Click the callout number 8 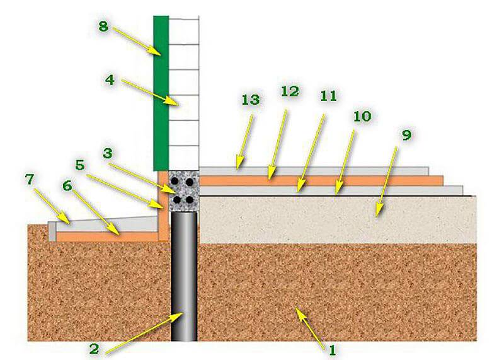pyautogui.click(x=103, y=26)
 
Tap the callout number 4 pyautogui.click(x=110, y=80)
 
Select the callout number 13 pyautogui.click(x=251, y=100)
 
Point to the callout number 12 pyautogui.click(x=290, y=91)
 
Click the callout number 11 pyautogui.click(x=328, y=96)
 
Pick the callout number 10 pyautogui.click(x=362, y=116)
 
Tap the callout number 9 pyautogui.click(x=406, y=135)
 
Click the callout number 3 pyautogui.click(x=107, y=153)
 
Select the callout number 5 pyautogui.click(x=80, y=165)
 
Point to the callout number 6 pyautogui.click(x=67, y=185)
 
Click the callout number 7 pyautogui.click(x=30, y=180)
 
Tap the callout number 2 pyautogui.click(x=93, y=349)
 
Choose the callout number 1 pyautogui.click(x=333, y=350)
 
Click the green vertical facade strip pyautogui.click(x=161, y=93)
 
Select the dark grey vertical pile pyautogui.click(x=184, y=276)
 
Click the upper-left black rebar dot pyautogui.click(x=175, y=182)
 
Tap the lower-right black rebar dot pyautogui.click(x=190, y=200)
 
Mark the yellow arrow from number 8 pyautogui.click(x=137, y=42)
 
